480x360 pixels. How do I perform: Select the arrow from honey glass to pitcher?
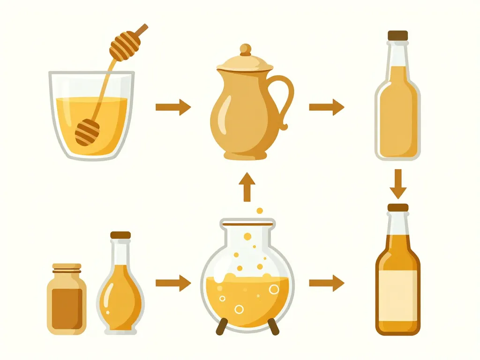point(173,107)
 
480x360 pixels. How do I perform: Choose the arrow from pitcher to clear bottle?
point(327,107)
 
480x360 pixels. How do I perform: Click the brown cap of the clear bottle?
point(397,35)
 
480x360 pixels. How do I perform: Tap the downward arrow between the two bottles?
point(398,184)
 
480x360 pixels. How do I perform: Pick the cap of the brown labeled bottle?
point(398,208)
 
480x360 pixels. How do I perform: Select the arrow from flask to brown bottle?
point(327,283)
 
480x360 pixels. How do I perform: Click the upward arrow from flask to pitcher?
point(247,187)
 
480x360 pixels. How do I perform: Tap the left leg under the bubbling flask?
point(222,326)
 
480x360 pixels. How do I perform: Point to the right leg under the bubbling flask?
point(273,326)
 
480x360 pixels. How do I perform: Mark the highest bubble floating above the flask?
point(260,211)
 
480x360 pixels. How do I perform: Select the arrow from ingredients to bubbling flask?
point(173,283)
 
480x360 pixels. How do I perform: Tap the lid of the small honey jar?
point(67,268)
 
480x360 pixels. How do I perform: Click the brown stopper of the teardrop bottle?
point(120,235)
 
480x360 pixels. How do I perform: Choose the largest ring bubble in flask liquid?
point(274,289)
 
